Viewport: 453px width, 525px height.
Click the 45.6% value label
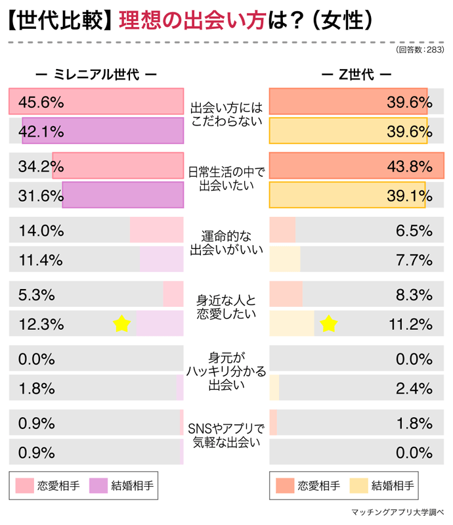point(41,102)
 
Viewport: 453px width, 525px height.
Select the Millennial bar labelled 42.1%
point(102,131)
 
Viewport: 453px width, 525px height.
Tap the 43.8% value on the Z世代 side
point(409,166)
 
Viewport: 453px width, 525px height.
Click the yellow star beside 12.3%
point(121,323)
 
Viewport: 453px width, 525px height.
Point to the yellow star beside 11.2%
point(328,323)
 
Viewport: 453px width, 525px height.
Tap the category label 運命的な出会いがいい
point(226,242)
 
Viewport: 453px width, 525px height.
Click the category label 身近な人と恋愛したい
point(226,307)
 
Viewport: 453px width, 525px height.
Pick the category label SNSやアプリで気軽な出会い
point(226,435)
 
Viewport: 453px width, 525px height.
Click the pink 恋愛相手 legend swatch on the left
point(24,486)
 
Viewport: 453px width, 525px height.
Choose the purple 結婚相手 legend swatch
point(98,486)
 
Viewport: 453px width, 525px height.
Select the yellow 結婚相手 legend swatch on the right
point(358,486)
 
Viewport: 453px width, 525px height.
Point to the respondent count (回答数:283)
point(420,50)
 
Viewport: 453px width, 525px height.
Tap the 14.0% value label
point(41,231)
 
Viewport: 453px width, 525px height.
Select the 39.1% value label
point(409,195)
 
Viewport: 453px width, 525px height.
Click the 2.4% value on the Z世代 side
point(414,388)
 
